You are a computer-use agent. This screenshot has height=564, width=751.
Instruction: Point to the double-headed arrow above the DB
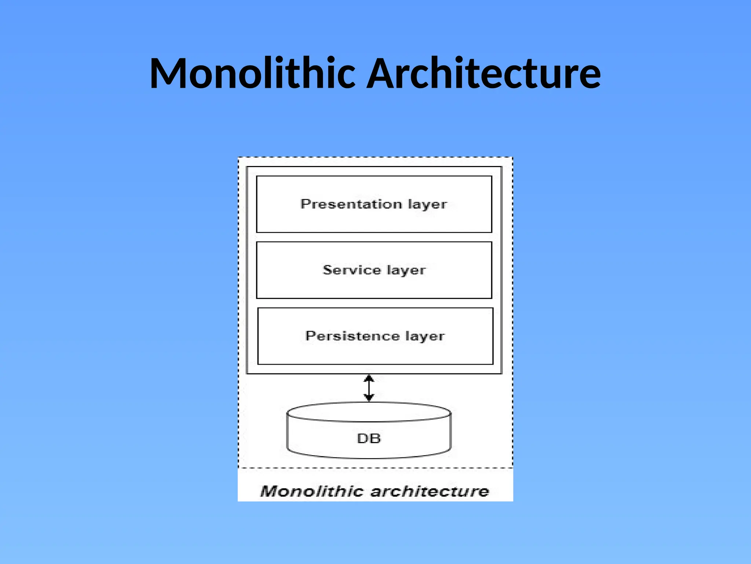click(x=369, y=388)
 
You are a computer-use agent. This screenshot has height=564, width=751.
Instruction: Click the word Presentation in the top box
click(x=351, y=204)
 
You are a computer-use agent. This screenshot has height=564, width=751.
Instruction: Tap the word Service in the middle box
click(x=352, y=270)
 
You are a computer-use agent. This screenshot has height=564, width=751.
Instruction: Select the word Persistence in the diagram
click(x=352, y=336)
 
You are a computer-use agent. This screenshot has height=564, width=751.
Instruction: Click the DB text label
click(x=369, y=438)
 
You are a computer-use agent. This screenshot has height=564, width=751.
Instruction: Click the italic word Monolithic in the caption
click(x=311, y=491)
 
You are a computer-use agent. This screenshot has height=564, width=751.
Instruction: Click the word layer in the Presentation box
click(x=428, y=205)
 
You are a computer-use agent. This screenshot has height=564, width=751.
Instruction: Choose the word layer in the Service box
click(x=406, y=271)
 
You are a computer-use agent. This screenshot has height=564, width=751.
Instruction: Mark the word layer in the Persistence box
click(x=425, y=337)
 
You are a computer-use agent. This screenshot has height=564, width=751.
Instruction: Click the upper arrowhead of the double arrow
click(x=369, y=378)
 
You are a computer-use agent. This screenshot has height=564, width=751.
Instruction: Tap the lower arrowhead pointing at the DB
click(x=369, y=398)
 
